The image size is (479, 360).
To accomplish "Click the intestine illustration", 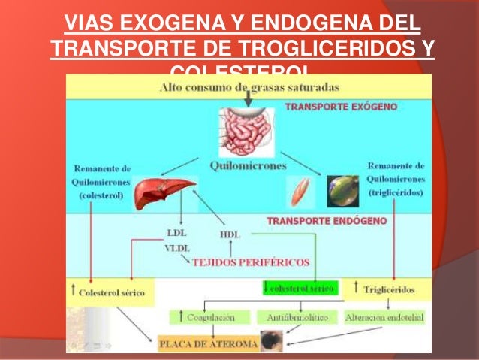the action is coord(245,129).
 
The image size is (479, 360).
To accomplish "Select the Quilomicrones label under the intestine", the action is coord(246,166).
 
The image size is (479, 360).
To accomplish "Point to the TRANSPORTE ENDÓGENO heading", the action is coord(327,222).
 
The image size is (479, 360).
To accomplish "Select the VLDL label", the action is coord(175,247).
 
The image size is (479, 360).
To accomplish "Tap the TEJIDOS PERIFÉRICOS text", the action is coord(251,262).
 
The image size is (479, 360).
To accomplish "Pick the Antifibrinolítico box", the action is coord(298,317).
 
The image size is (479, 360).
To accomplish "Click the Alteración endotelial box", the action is coord(384,317).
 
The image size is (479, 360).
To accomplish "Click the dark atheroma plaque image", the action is coord(270,340).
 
